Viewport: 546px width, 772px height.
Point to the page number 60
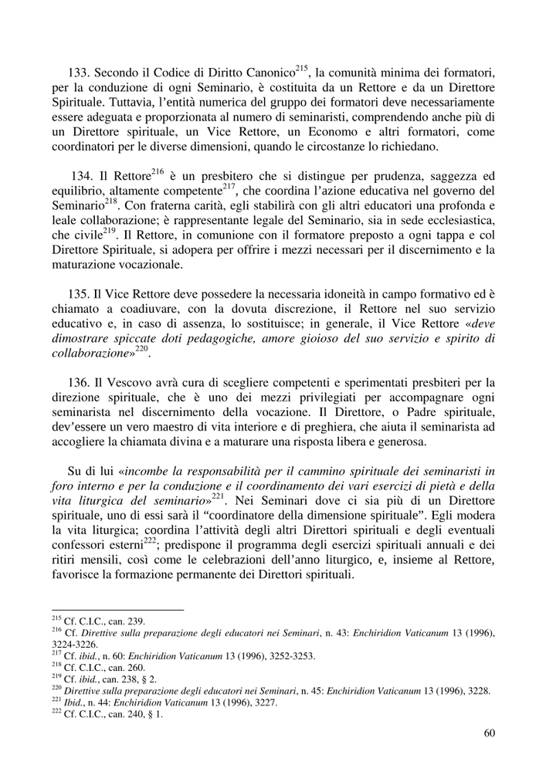489,733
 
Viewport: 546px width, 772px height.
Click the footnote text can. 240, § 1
135,714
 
